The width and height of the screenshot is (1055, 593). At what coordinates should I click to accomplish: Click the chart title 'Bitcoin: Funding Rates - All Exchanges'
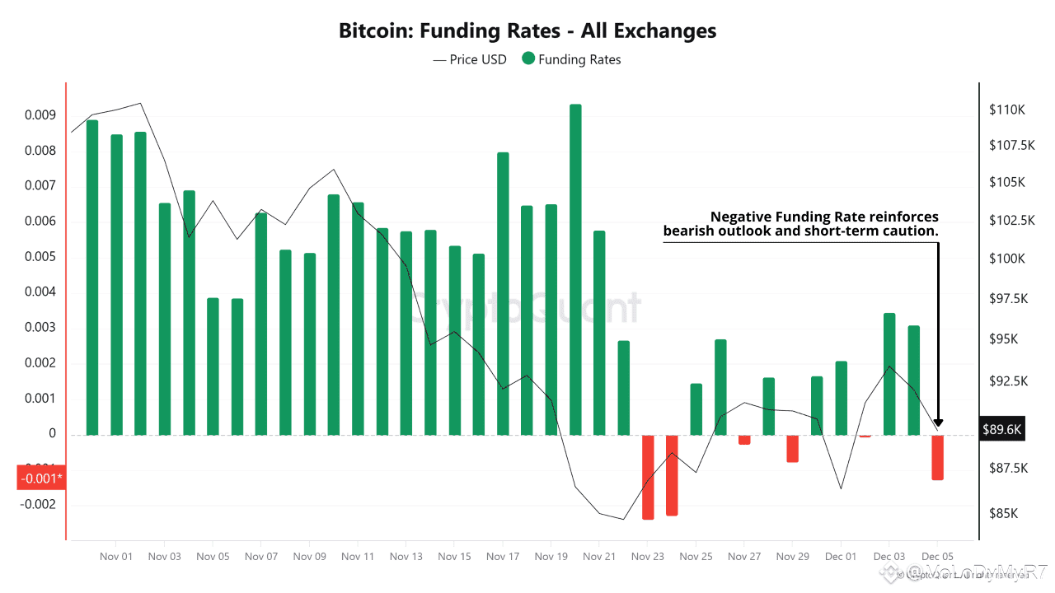[527, 31]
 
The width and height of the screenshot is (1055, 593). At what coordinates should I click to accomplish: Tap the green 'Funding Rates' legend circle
[527, 59]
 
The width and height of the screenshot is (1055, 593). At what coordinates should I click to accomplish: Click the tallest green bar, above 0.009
[575, 268]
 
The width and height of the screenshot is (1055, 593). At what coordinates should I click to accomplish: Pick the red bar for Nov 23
[648, 477]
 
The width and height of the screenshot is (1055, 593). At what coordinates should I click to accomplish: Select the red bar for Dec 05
[937, 457]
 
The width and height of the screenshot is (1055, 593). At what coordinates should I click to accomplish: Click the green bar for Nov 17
[503, 292]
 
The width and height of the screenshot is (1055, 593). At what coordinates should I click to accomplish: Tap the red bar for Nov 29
[792, 448]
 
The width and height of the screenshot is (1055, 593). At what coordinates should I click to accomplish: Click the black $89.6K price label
[1001, 429]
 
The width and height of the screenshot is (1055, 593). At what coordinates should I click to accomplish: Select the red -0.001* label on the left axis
[40, 478]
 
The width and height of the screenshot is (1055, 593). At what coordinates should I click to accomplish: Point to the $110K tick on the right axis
[1007, 110]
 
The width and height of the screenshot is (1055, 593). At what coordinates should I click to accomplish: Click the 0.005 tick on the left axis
[40, 257]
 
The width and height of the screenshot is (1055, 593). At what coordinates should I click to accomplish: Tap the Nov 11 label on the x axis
[358, 557]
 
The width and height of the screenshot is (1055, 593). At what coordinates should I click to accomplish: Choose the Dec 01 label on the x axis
[841, 557]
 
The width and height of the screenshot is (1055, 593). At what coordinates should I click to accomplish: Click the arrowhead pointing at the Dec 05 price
[939, 423]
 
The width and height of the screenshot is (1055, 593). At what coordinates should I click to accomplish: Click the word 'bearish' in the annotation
[691, 231]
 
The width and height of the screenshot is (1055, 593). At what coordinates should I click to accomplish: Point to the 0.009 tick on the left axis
[40, 115]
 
